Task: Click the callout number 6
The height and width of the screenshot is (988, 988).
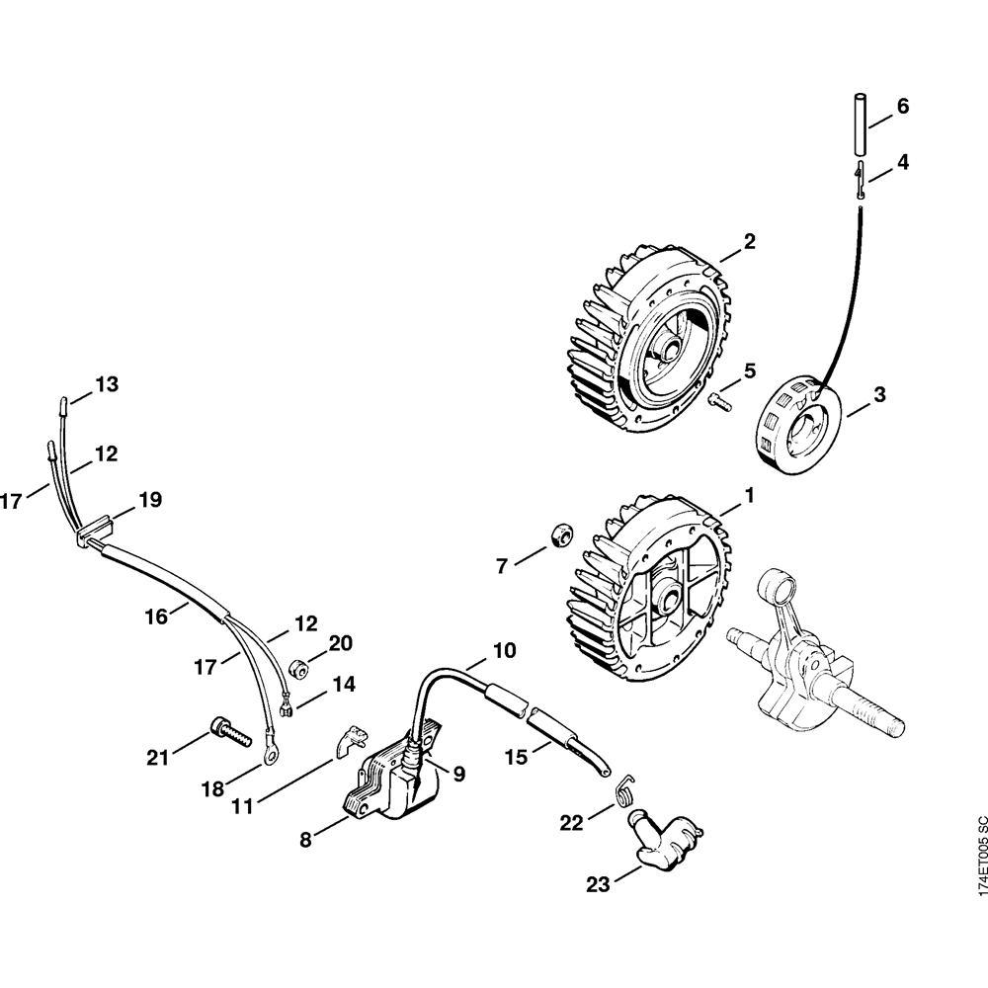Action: tap(902, 107)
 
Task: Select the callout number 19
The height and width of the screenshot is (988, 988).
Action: tap(149, 500)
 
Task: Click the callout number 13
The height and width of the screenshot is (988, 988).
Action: tap(107, 384)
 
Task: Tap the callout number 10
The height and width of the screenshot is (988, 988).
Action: tap(504, 651)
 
